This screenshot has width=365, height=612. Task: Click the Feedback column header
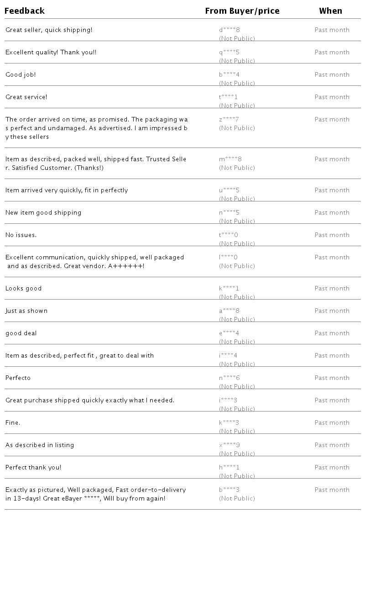25,11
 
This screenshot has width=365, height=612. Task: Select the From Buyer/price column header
242,11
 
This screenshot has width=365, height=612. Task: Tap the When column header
331,11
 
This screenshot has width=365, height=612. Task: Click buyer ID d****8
229,30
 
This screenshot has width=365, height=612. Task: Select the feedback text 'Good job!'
21,75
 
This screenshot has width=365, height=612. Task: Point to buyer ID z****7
229,120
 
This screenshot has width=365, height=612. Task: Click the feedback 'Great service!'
26,97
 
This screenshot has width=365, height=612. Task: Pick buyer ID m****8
230,159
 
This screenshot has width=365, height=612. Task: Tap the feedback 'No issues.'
21,235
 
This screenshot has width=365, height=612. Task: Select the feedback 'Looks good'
24,289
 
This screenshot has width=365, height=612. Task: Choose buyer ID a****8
229,311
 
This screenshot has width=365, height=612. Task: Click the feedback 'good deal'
21,333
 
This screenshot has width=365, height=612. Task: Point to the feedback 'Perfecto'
18,378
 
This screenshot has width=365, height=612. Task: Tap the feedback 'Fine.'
13,423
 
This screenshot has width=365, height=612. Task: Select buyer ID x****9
229,445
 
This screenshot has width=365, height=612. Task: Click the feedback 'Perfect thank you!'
33,468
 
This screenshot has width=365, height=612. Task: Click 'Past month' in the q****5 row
332,53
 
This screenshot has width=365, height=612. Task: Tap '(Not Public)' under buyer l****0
237,266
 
